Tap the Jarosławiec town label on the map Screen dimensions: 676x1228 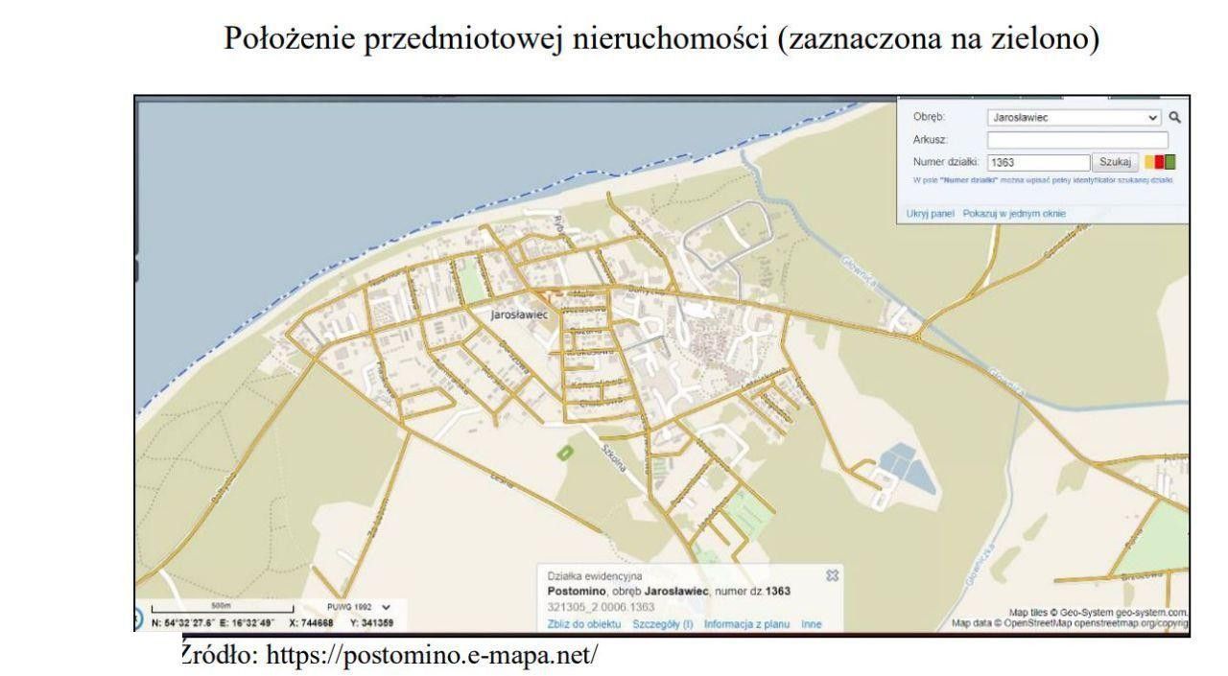coord(518,314)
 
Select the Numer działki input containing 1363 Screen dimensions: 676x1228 coord(1038,162)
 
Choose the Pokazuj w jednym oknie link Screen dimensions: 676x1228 coord(1014,213)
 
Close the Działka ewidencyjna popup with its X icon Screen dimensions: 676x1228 coord(832,575)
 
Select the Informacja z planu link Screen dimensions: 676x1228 coord(746,624)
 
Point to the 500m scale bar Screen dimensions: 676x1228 coord(222,608)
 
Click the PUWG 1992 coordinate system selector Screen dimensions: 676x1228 coord(361,607)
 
